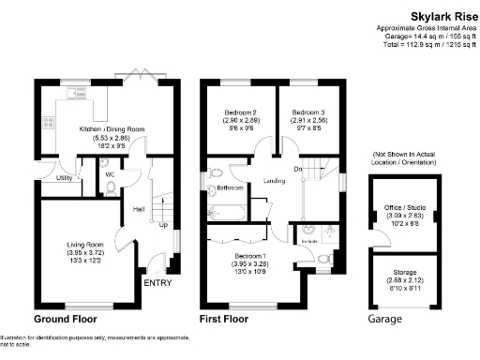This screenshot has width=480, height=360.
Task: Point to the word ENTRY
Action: click(x=157, y=283)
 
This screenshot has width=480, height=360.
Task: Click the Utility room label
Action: click(x=65, y=177)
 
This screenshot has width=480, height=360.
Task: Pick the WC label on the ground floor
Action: click(x=110, y=174)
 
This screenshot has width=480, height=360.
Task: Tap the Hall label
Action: click(x=139, y=209)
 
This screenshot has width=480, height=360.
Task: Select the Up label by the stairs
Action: click(x=163, y=225)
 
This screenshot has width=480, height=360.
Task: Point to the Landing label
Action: click(x=275, y=180)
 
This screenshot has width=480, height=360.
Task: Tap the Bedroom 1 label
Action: click(x=250, y=255)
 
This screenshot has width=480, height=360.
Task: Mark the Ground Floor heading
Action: click(x=68, y=320)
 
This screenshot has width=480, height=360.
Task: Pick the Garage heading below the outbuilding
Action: click(x=384, y=320)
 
